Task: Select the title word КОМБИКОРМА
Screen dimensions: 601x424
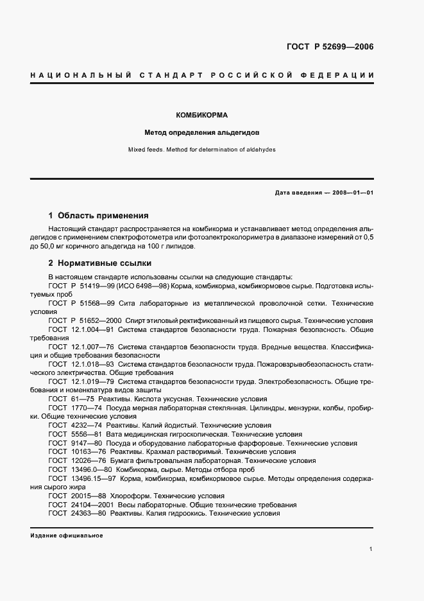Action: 202,116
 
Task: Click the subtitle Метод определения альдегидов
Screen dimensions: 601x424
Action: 201,134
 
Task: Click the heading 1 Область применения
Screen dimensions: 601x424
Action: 99,216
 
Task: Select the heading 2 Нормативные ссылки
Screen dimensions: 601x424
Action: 100,263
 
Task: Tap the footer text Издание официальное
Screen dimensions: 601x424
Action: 67,535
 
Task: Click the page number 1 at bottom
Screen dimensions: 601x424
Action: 371,549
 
